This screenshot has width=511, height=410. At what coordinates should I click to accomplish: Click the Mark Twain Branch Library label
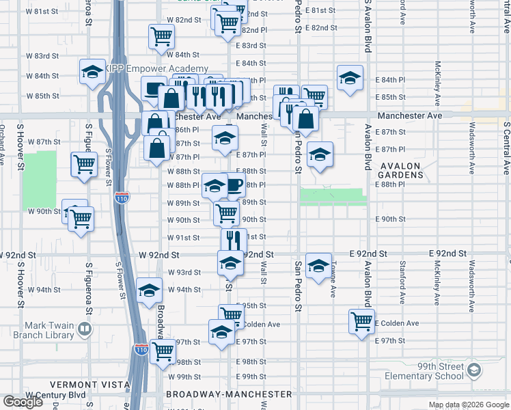click(x=49, y=331)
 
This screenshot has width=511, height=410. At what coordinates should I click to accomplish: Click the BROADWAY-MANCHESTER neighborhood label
click(x=230, y=394)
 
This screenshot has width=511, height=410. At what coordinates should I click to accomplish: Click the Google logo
click(x=23, y=402)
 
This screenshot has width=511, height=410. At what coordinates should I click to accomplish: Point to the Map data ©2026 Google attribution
click(x=469, y=405)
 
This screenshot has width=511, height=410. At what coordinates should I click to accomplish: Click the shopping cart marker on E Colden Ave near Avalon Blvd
click(x=361, y=320)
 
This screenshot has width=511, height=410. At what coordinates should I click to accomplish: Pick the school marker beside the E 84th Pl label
click(x=350, y=78)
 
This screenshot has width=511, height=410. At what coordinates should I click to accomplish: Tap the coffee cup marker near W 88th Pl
click(x=234, y=184)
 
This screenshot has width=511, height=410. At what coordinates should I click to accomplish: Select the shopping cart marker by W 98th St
click(x=163, y=352)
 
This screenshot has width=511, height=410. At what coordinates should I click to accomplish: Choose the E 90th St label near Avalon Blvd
click(x=390, y=219)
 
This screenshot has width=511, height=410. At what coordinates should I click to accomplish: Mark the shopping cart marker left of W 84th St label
click(x=161, y=36)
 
